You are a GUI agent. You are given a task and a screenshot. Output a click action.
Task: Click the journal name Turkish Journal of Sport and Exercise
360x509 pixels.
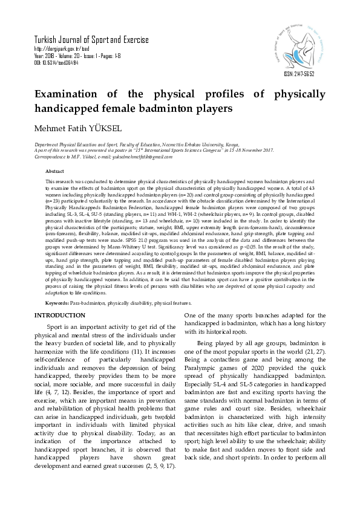coord(91,41)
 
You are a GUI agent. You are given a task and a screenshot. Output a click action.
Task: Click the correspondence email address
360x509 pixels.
coord(130,157)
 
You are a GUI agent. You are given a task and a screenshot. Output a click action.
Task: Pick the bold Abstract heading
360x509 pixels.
coord(55,172)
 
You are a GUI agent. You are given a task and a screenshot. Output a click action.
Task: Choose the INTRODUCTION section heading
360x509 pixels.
coord(59,316)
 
